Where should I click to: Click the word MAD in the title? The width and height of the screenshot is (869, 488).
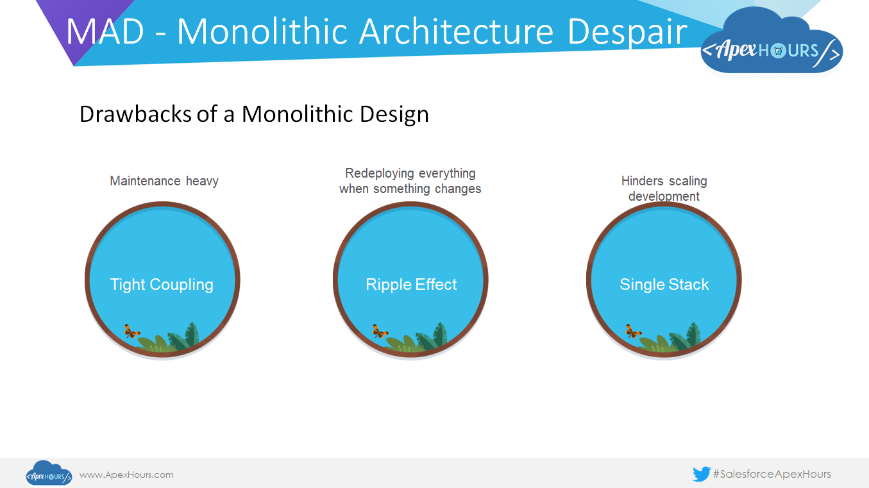[105, 31]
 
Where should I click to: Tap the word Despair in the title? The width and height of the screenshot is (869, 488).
[627, 33]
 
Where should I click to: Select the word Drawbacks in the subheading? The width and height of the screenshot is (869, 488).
[135, 114]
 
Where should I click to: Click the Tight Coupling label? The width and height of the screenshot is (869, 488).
[162, 285]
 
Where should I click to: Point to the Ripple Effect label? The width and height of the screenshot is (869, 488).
[411, 285]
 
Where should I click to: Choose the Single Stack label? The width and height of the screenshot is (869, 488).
[664, 285]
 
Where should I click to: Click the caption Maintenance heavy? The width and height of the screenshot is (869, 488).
[164, 181]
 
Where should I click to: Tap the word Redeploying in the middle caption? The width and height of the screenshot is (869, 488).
[376, 173]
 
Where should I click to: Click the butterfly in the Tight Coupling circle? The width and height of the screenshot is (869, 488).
[131, 332]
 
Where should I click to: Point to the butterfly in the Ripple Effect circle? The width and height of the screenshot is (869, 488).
[380, 332]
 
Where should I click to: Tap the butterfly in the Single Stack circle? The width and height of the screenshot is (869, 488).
[633, 332]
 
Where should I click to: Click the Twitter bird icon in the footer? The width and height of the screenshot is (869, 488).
[702, 474]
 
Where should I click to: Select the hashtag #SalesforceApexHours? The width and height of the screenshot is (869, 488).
[772, 474]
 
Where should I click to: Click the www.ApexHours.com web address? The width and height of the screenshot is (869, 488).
[126, 475]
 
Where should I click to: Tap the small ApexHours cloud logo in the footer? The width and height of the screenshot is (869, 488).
[49, 473]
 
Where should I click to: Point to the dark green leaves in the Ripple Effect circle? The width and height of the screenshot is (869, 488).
[432, 337]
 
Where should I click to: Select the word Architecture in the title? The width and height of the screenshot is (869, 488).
[456, 31]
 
